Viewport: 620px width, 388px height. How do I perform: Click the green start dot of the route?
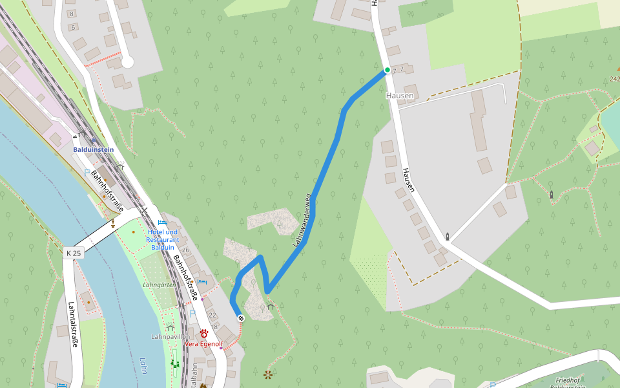point(387,70)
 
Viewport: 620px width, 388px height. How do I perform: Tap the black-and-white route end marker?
point(241,318)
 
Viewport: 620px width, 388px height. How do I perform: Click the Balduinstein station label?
point(93,149)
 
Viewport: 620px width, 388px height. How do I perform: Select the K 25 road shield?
point(74,253)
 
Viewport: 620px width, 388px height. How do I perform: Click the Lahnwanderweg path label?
point(302,220)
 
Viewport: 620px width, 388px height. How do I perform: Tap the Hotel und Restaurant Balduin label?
point(162,239)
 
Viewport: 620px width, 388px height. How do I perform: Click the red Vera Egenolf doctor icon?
point(204,334)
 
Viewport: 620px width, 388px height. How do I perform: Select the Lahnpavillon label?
point(170,337)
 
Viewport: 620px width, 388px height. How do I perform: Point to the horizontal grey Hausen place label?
point(399,96)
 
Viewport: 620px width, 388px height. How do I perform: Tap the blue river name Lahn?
point(142,365)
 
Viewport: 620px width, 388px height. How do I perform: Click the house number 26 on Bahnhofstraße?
point(186,250)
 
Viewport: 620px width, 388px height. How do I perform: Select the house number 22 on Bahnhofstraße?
point(212,315)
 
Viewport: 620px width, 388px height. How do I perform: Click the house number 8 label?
point(71,13)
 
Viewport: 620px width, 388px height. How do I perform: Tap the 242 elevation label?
point(614,79)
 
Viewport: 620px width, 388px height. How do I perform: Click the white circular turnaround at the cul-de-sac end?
point(127,62)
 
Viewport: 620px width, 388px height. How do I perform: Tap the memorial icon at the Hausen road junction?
point(446,237)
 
